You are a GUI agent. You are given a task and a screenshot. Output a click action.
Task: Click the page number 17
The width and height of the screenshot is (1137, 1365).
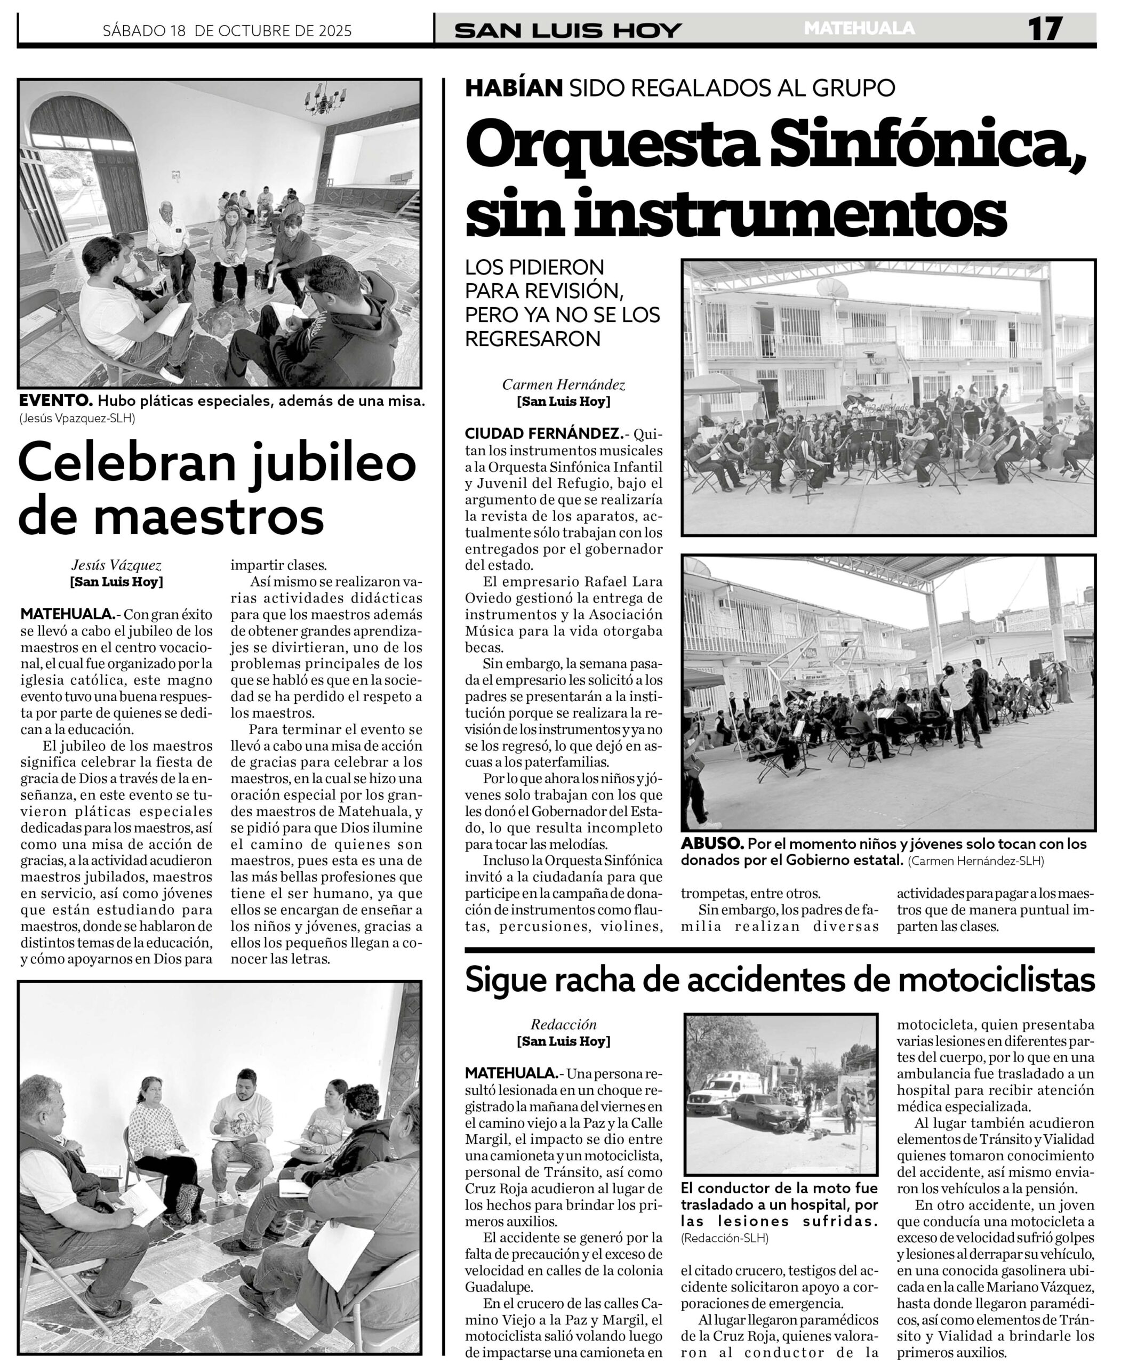coord(1044,29)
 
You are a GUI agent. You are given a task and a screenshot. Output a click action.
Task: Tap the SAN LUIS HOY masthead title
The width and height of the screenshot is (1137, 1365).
coord(568,30)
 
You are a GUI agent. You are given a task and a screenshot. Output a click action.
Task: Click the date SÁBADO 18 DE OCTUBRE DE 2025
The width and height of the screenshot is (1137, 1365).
coord(227,30)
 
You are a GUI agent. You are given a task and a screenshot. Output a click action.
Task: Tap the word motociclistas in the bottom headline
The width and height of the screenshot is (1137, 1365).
coord(996,979)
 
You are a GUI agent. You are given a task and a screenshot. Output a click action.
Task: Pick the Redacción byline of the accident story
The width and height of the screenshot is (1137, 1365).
coord(563,1024)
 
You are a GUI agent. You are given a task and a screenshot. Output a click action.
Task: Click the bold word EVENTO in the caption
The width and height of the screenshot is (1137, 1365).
coord(54,400)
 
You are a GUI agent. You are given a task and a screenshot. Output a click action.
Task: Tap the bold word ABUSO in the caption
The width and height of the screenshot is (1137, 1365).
coord(711,844)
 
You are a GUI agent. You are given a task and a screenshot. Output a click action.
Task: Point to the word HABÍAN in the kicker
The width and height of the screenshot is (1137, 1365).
coord(513,88)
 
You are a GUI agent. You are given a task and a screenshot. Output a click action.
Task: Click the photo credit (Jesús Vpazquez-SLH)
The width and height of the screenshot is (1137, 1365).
coord(77,419)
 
